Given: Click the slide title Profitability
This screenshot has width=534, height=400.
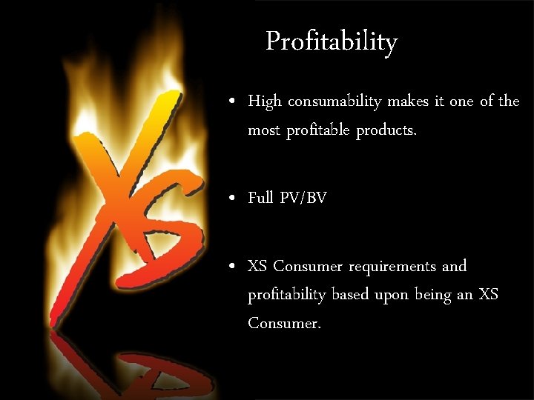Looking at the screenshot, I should (332, 41).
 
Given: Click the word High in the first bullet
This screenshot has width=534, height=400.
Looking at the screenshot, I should (265, 101).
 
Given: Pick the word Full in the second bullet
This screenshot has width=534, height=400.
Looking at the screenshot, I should (260, 198).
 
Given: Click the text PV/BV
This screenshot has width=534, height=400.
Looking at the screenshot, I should (303, 198).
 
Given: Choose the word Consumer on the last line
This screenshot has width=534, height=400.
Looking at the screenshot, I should (284, 324).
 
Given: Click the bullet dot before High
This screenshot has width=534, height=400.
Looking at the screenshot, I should (233, 101).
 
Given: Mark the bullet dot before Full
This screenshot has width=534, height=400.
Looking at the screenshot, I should (233, 199).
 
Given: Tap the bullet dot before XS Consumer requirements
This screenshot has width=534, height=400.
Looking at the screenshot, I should (233, 266).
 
